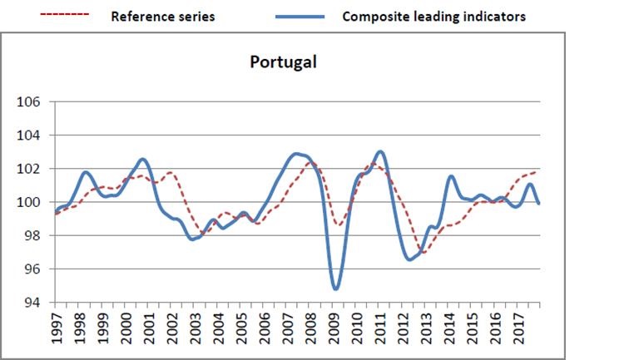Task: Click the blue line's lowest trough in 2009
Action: click(336, 288)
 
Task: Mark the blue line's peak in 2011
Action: click(380, 151)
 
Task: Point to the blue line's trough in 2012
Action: click(410, 259)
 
